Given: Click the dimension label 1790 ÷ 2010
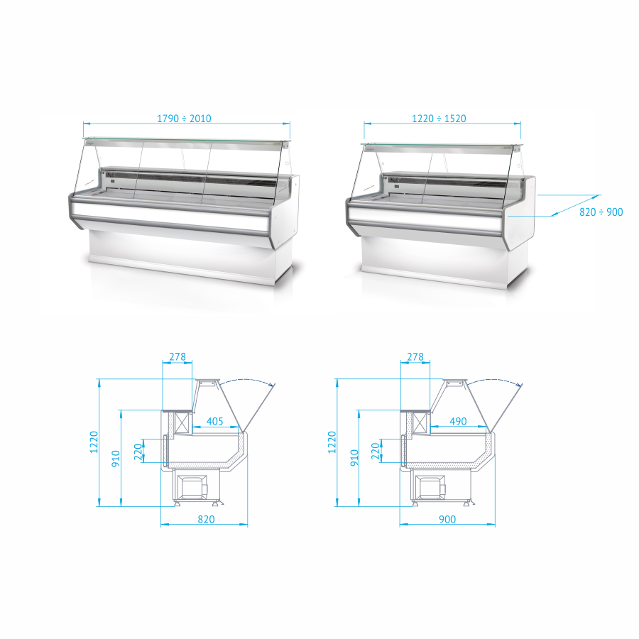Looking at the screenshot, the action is point(184,119).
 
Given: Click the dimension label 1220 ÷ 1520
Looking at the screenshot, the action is point(439,119).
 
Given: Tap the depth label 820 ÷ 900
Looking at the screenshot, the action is point(601,212).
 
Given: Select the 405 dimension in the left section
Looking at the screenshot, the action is point(214,421).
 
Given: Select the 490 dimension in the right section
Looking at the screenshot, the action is point(458,421).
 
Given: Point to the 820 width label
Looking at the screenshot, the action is point(206,519).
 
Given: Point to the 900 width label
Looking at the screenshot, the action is point(447,519).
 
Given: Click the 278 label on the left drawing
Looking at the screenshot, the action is point(177,356).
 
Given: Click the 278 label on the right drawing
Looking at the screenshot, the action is point(415,356).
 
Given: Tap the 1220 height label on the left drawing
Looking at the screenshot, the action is point(94,442).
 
